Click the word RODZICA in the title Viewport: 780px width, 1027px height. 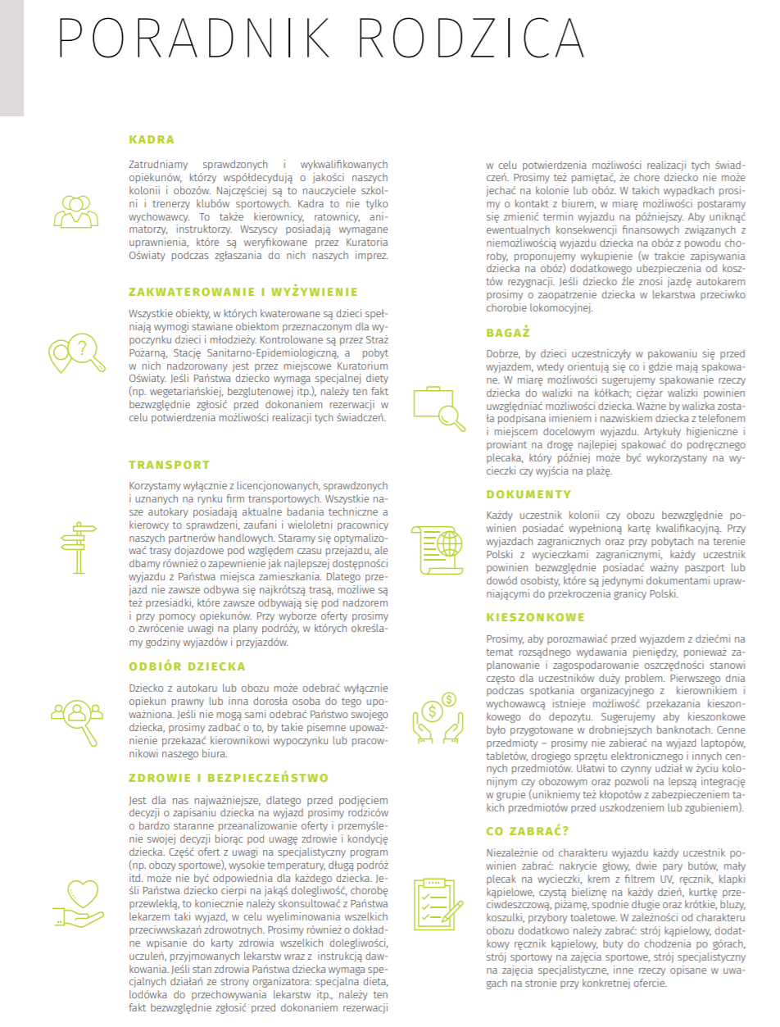pos(474,39)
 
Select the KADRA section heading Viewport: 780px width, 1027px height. pos(152,139)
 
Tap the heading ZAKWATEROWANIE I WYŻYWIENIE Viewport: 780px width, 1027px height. pos(243,292)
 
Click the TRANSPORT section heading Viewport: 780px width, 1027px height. pos(170,465)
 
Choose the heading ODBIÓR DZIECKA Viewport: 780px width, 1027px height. pos(188,666)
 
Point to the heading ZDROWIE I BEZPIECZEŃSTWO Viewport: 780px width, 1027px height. pos(229,778)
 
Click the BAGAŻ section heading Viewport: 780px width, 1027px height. pos(508,333)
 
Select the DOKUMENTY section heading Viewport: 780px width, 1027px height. pos(528,495)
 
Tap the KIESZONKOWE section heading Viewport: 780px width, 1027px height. pos(535,617)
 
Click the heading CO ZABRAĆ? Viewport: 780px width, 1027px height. pos(527,830)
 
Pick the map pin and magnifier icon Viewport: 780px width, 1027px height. pos(77,354)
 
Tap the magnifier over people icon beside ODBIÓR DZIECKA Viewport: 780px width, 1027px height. pos(79,719)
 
